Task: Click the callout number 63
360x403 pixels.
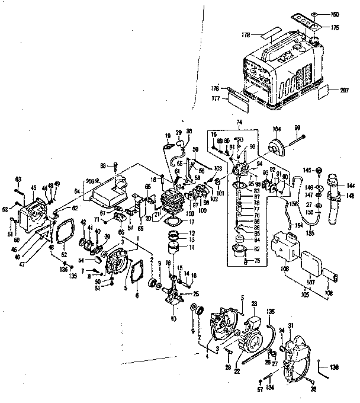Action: pos(18,178)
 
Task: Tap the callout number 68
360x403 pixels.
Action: pos(102,165)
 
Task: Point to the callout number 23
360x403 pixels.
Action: pos(255,303)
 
